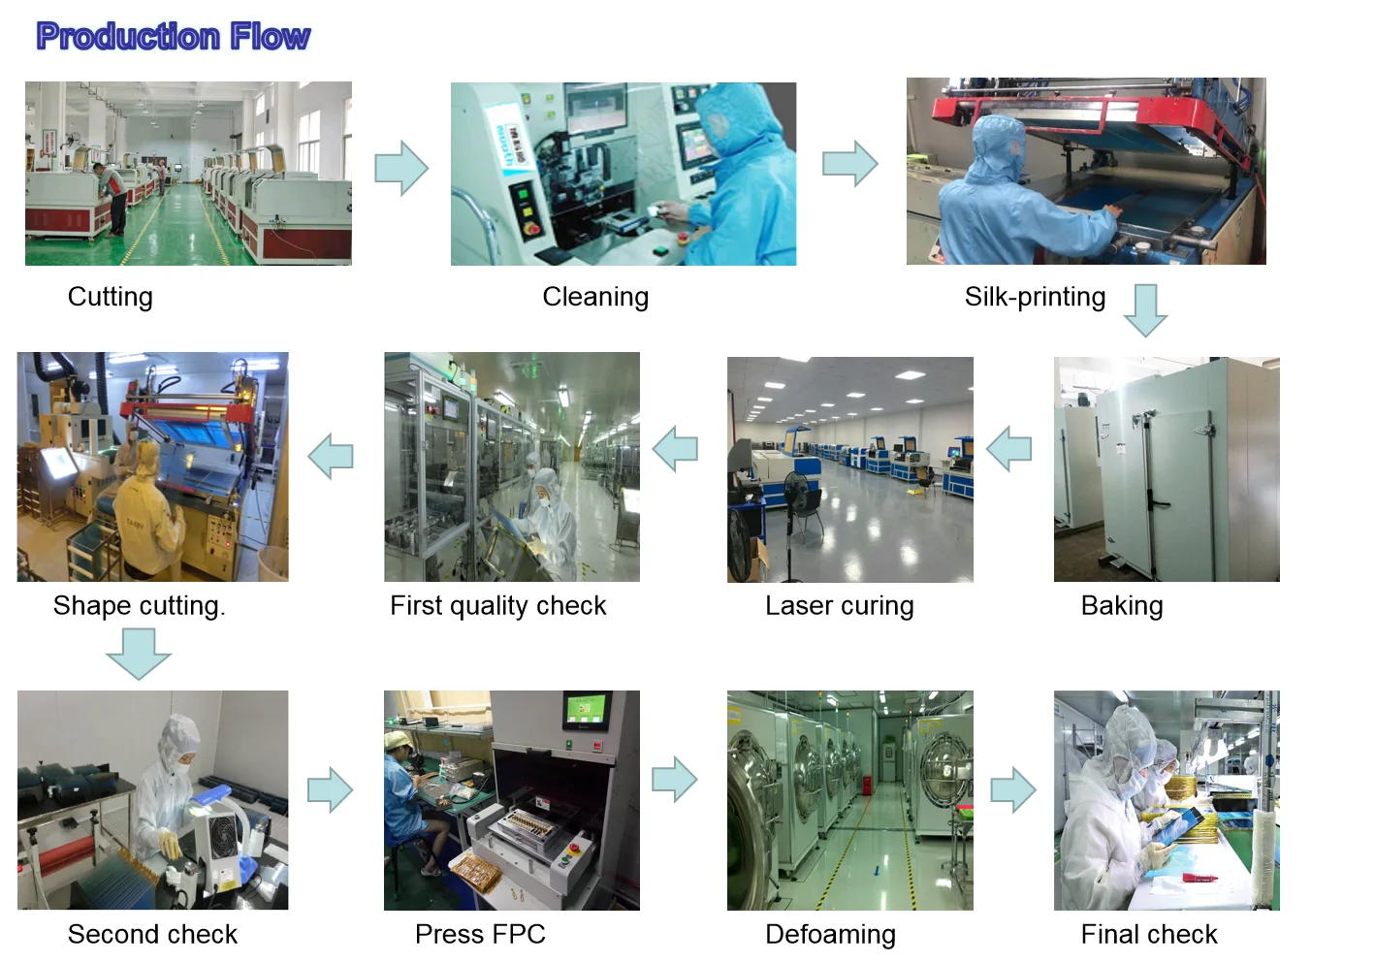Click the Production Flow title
pyautogui.click(x=173, y=37)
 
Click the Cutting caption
pyautogui.click(x=110, y=297)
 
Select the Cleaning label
pyautogui.click(x=595, y=297)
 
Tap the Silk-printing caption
pyautogui.click(x=1035, y=297)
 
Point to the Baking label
pyautogui.click(x=1122, y=606)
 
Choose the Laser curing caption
pyautogui.click(x=839, y=606)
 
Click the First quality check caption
pyautogui.click(x=497, y=606)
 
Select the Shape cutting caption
pyautogui.click(x=139, y=606)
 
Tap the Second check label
pyautogui.click(x=152, y=934)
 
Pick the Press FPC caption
pyautogui.click(x=480, y=934)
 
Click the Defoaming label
pyautogui.click(x=830, y=934)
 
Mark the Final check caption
pyautogui.click(x=1149, y=934)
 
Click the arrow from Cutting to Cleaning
pyautogui.click(x=401, y=169)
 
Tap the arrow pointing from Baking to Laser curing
pyautogui.click(x=1008, y=449)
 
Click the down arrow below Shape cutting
pyautogui.click(x=139, y=653)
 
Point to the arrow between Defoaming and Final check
pyautogui.click(x=1013, y=789)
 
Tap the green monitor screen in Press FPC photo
pyautogui.click(x=586, y=709)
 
